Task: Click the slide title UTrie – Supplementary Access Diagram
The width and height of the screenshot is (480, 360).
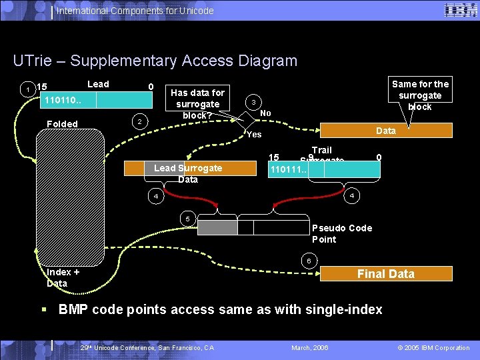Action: [x=155, y=61]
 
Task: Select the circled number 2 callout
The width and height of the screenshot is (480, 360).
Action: [x=138, y=122]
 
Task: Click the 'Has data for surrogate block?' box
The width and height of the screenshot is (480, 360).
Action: [x=198, y=103]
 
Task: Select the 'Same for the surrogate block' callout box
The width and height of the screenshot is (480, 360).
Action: [x=420, y=95]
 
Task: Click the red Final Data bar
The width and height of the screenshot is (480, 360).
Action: [x=385, y=273]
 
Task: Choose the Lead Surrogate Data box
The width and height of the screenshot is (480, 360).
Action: [x=187, y=173]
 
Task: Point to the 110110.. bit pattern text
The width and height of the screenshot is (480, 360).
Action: [x=63, y=101]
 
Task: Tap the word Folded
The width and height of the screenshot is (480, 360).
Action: [x=62, y=123]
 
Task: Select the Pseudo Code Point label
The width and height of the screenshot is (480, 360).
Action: [x=342, y=233]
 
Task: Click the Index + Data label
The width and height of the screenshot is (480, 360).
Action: [x=63, y=277]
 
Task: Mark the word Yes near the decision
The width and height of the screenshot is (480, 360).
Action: [x=254, y=135]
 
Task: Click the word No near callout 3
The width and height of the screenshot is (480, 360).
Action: [x=265, y=113]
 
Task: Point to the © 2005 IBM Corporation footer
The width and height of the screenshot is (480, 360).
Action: [x=433, y=347]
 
